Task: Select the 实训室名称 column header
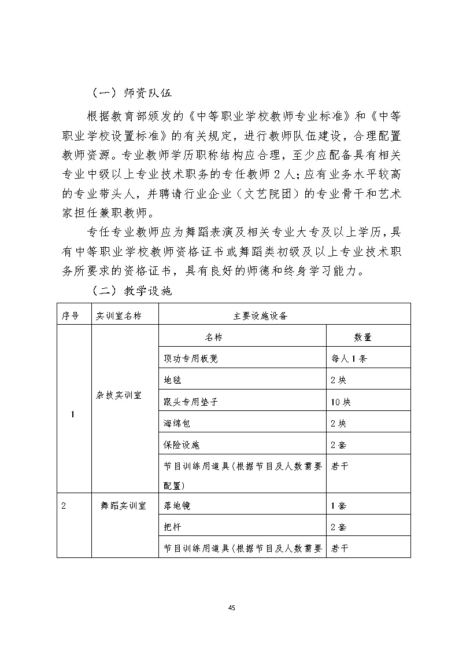[119, 315]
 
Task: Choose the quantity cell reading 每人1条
[349, 358]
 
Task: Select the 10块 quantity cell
[340, 402]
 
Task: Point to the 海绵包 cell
[176, 423]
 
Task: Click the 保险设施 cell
[180, 445]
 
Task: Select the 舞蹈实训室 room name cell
[123, 505]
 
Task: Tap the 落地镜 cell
[176, 505]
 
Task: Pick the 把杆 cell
[172, 527]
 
